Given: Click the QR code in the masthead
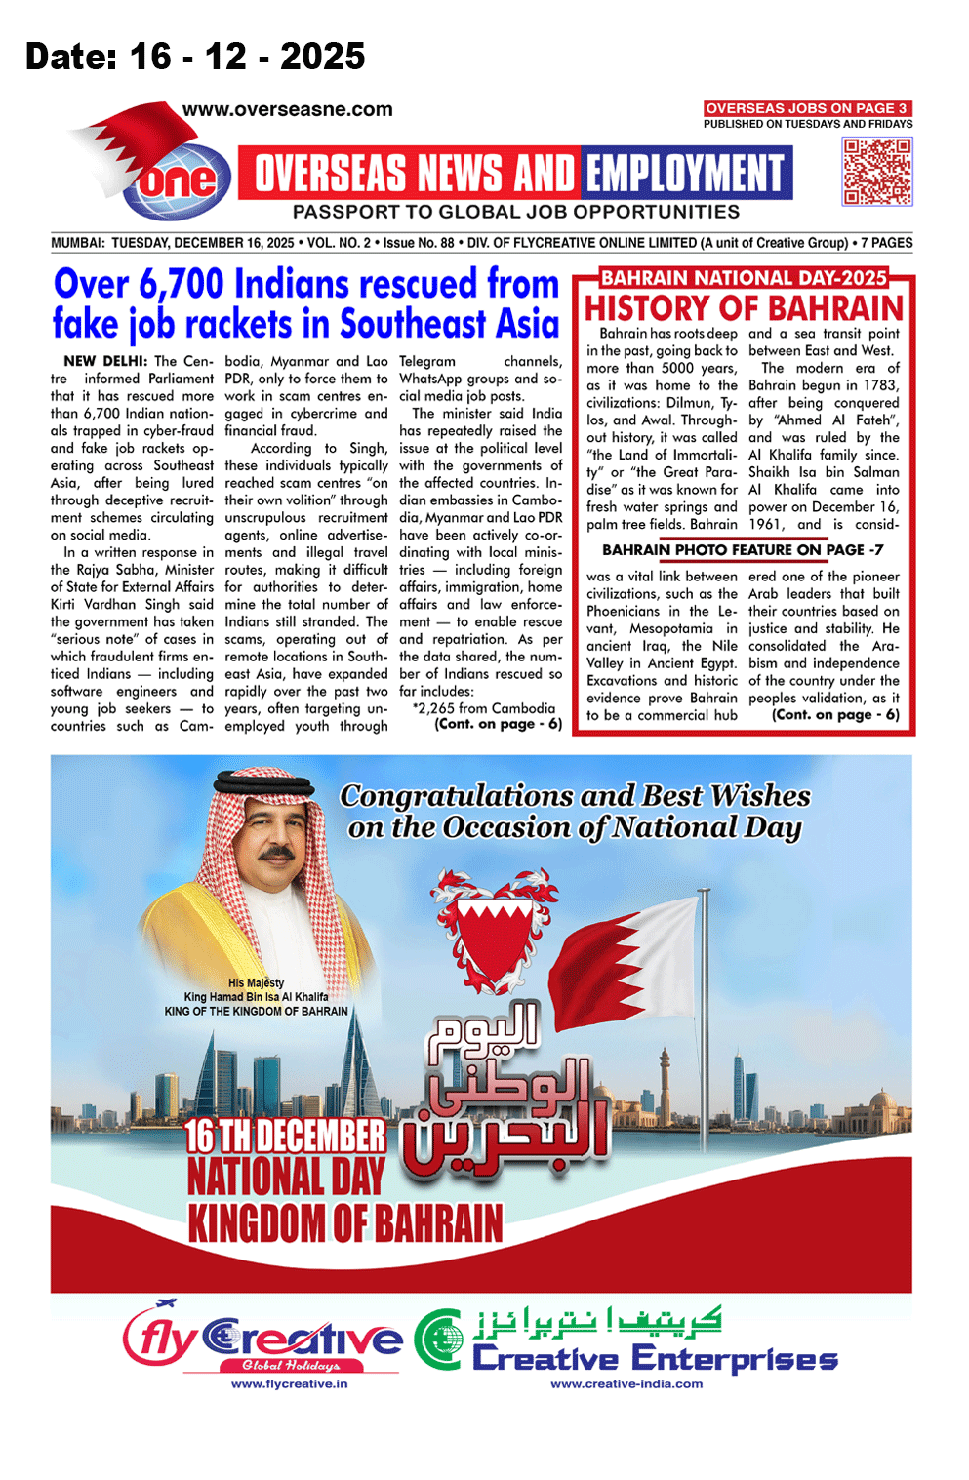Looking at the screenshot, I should point(877,172).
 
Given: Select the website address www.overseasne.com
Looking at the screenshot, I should point(287,110).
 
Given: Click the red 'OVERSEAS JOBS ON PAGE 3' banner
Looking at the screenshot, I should point(807,108).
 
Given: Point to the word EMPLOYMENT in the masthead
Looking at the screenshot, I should point(685,174).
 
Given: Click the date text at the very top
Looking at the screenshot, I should point(195,57).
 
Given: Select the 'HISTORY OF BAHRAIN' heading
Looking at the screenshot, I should point(744,308).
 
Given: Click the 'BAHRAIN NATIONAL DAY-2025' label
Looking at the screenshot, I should point(744,278).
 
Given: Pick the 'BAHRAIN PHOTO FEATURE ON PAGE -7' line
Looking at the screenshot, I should point(743,550).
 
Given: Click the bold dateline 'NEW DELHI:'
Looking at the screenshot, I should point(105,361).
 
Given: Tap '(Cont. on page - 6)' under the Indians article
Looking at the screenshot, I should point(498,724).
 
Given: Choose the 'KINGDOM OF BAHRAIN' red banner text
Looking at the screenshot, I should point(344,1223).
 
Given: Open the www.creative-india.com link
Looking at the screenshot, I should point(626,1383).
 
